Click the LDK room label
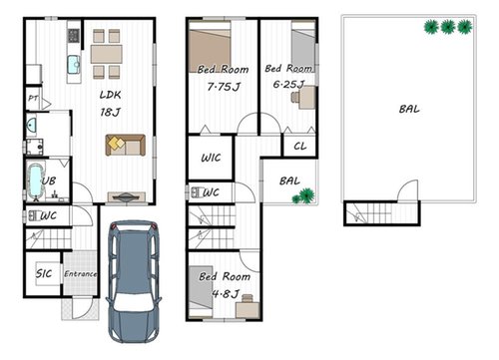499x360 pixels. pos(110,95)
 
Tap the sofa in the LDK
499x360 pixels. pos(126,145)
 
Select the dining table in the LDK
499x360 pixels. pos(107,54)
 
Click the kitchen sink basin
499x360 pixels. pos(74,65)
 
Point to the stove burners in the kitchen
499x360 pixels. pos(74,35)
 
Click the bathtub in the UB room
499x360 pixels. pos(35,181)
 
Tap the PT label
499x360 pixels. pos(33,99)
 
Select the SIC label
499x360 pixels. pos(44,273)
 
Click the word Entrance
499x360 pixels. pos(81,274)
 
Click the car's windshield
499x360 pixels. pos(133,301)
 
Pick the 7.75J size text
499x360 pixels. pos(224,87)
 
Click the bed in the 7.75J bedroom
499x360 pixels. pos(210,47)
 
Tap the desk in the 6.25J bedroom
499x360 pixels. pos(306,97)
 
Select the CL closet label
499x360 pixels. pos(300,146)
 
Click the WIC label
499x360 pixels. pos(211,158)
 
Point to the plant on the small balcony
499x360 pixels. pos(303,195)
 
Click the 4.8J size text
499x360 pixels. pos(226,294)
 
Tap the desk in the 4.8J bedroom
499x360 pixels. pos(248,308)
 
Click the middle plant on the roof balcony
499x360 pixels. pos(448,27)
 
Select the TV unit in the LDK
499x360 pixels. pos(127,197)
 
